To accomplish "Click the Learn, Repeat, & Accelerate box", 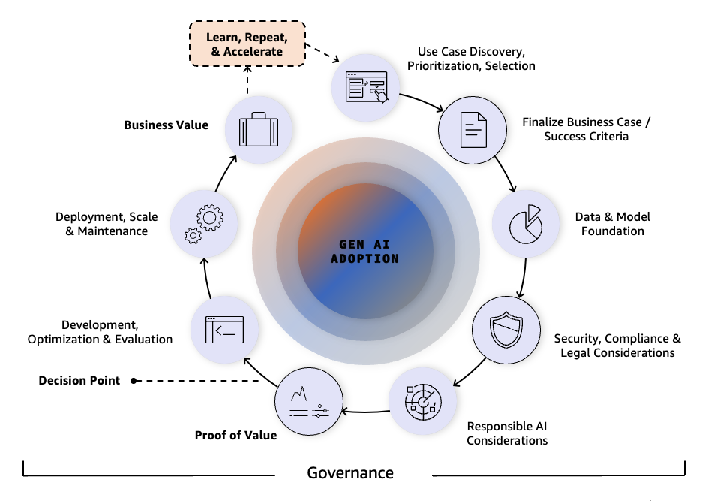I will (x=246, y=44).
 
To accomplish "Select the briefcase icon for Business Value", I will (x=259, y=131).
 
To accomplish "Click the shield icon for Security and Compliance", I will (x=505, y=330).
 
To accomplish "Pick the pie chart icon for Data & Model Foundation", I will (x=525, y=223).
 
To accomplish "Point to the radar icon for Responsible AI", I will (x=421, y=403).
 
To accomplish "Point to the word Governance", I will (x=350, y=473).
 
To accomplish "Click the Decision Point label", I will (x=79, y=381).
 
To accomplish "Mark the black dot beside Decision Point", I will (x=134, y=381).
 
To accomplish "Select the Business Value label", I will (x=166, y=125).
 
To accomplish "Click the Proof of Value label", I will (x=235, y=435).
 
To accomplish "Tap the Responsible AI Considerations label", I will (x=507, y=433).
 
